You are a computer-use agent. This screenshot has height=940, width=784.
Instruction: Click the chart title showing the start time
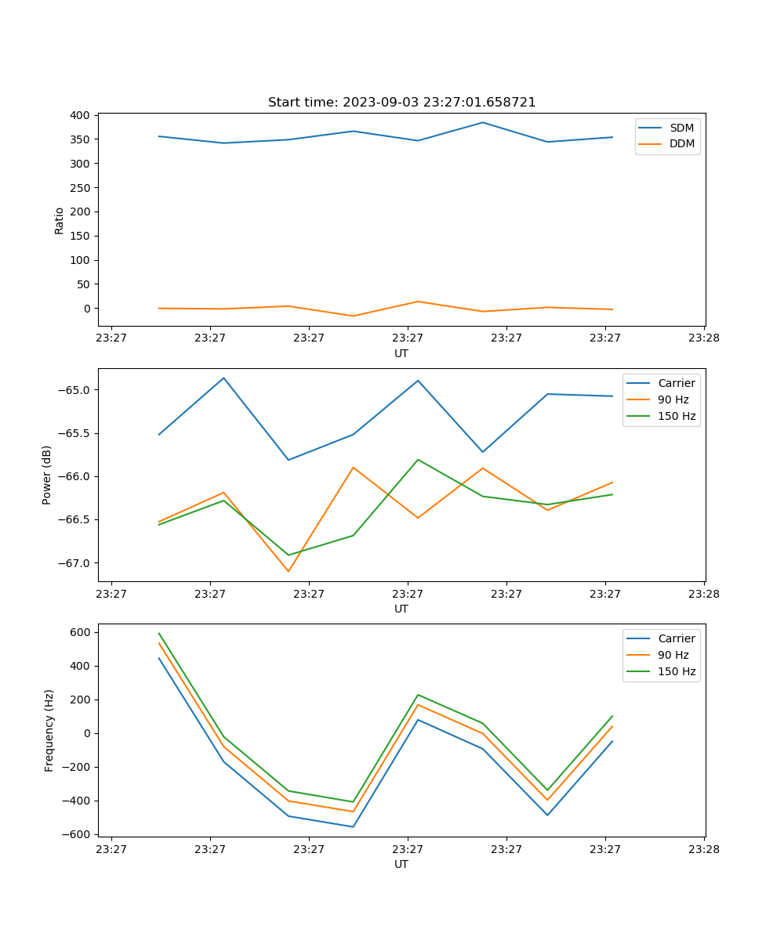click(401, 103)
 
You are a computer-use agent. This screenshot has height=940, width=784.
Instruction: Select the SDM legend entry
click(681, 128)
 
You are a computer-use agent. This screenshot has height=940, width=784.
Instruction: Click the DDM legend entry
click(681, 143)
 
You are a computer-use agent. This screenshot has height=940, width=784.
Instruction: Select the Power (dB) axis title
click(47, 475)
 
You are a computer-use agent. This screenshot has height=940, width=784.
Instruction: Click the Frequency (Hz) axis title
click(49, 730)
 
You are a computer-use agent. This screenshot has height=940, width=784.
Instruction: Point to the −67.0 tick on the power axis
click(74, 563)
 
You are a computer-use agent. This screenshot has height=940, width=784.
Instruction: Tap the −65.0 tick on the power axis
click(74, 390)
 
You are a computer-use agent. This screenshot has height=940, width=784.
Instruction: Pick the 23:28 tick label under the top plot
click(704, 338)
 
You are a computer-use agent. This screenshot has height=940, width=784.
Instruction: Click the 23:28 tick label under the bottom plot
click(704, 849)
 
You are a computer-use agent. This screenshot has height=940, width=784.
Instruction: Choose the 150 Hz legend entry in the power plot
click(677, 416)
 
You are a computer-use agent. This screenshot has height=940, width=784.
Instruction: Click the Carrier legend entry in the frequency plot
click(676, 638)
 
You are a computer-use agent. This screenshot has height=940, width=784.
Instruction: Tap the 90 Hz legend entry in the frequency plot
click(673, 655)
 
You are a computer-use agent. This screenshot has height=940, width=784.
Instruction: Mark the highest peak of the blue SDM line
click(483, 122)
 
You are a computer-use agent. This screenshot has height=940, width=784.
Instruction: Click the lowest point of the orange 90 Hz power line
click(289, 571)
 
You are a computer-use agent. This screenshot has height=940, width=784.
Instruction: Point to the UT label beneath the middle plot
click(401, 609)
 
